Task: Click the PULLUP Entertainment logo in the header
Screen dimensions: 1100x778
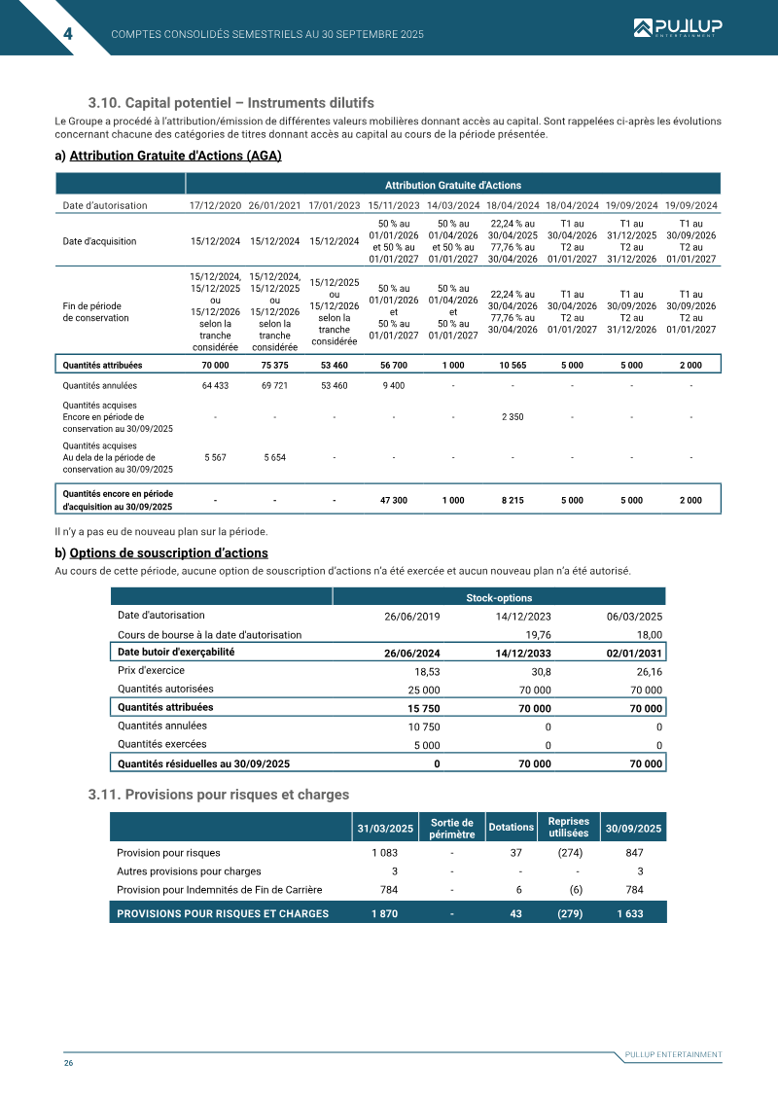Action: click(675, 29)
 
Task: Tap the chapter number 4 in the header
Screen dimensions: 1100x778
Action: click(67, 34)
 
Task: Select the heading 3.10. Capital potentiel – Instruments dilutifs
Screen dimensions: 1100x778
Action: click(230, 103)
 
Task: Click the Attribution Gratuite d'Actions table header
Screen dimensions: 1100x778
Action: click(452, 185)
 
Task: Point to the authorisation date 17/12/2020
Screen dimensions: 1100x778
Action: click(215, 206)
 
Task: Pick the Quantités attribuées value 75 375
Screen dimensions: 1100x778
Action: click(274, 365)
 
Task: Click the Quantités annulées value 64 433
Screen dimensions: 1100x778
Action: click(215, 385)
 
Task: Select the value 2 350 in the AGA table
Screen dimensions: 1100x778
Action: click(513, 416)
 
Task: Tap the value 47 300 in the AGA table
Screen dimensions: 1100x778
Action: click(393, 500)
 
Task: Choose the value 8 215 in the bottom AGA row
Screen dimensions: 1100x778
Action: click(513, 500)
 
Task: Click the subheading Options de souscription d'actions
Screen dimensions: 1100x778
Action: click(168, 553)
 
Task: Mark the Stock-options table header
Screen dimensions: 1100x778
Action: click(498, 597)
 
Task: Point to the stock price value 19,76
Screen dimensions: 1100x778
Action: click(538, 634)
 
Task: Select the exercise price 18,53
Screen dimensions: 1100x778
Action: click(427, 671)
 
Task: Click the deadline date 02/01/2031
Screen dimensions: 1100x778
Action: click(634, 653)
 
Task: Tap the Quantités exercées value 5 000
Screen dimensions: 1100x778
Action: click(427, 745)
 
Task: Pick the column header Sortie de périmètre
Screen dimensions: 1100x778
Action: click(451, 828)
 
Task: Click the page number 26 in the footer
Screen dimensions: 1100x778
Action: click(69, 1063)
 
